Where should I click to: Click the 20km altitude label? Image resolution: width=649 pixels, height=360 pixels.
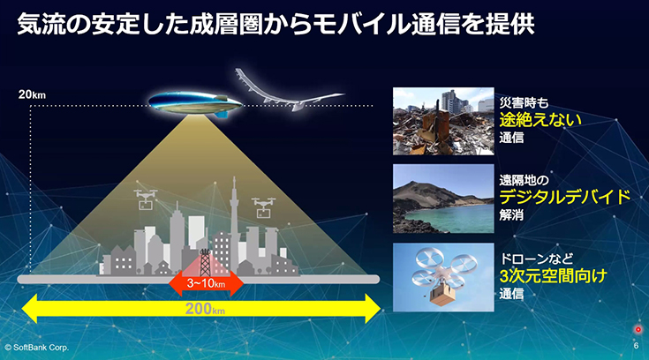(32, 94)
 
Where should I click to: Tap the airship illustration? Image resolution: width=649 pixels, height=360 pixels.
(195, 104)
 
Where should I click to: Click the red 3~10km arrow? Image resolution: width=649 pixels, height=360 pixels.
(206, 283)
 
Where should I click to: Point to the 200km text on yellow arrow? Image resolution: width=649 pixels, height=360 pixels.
(205, 309)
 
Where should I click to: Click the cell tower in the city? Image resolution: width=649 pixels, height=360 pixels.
(205, 262)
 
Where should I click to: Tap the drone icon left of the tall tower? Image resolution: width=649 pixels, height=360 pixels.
(146, 199)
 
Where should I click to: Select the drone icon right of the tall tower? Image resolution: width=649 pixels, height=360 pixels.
(264, 207)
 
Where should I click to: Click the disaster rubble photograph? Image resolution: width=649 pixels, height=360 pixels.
(443, 121)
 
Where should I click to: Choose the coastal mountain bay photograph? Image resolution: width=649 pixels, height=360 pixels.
(443, 199)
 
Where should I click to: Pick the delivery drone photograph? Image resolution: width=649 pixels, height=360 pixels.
(443, 277)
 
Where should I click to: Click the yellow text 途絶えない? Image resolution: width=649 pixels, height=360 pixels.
(540, 120)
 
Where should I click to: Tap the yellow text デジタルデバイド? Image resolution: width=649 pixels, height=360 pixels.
(565, 198)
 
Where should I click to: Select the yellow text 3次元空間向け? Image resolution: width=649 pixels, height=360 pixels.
(553, 275)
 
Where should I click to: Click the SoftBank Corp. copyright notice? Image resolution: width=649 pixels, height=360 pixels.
(36, 348)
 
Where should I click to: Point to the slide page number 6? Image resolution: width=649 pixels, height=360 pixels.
(636, 346)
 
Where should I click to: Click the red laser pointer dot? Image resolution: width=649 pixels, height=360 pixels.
(638, 330)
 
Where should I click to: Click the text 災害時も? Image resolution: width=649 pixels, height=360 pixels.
(524, 102)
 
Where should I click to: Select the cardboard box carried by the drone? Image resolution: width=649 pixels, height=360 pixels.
(443, 293)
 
